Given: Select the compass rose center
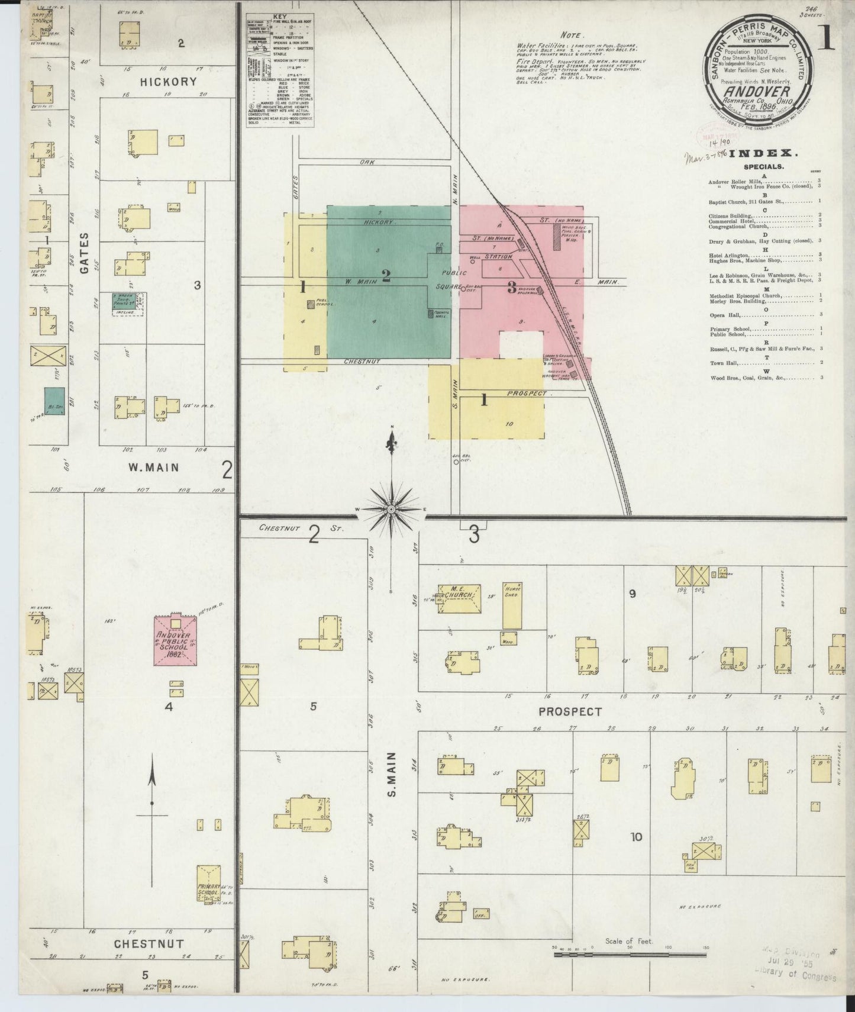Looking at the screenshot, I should pyautogui.click(x=391, y=508).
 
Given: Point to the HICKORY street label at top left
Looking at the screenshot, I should pyautogui.click(x=168, y=82).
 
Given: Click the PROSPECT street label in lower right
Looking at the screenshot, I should pyautogui.click(x=570, y=711).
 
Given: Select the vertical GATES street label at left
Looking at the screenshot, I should pyautogui.click(x=83, y=253).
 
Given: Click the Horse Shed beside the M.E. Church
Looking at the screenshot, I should pyautogui.click(x=512, y=605).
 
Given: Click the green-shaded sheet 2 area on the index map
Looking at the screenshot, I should pyautogui.click(x=386, y=278).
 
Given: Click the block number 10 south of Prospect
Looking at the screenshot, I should pyautogui.click(x=636, y=837).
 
